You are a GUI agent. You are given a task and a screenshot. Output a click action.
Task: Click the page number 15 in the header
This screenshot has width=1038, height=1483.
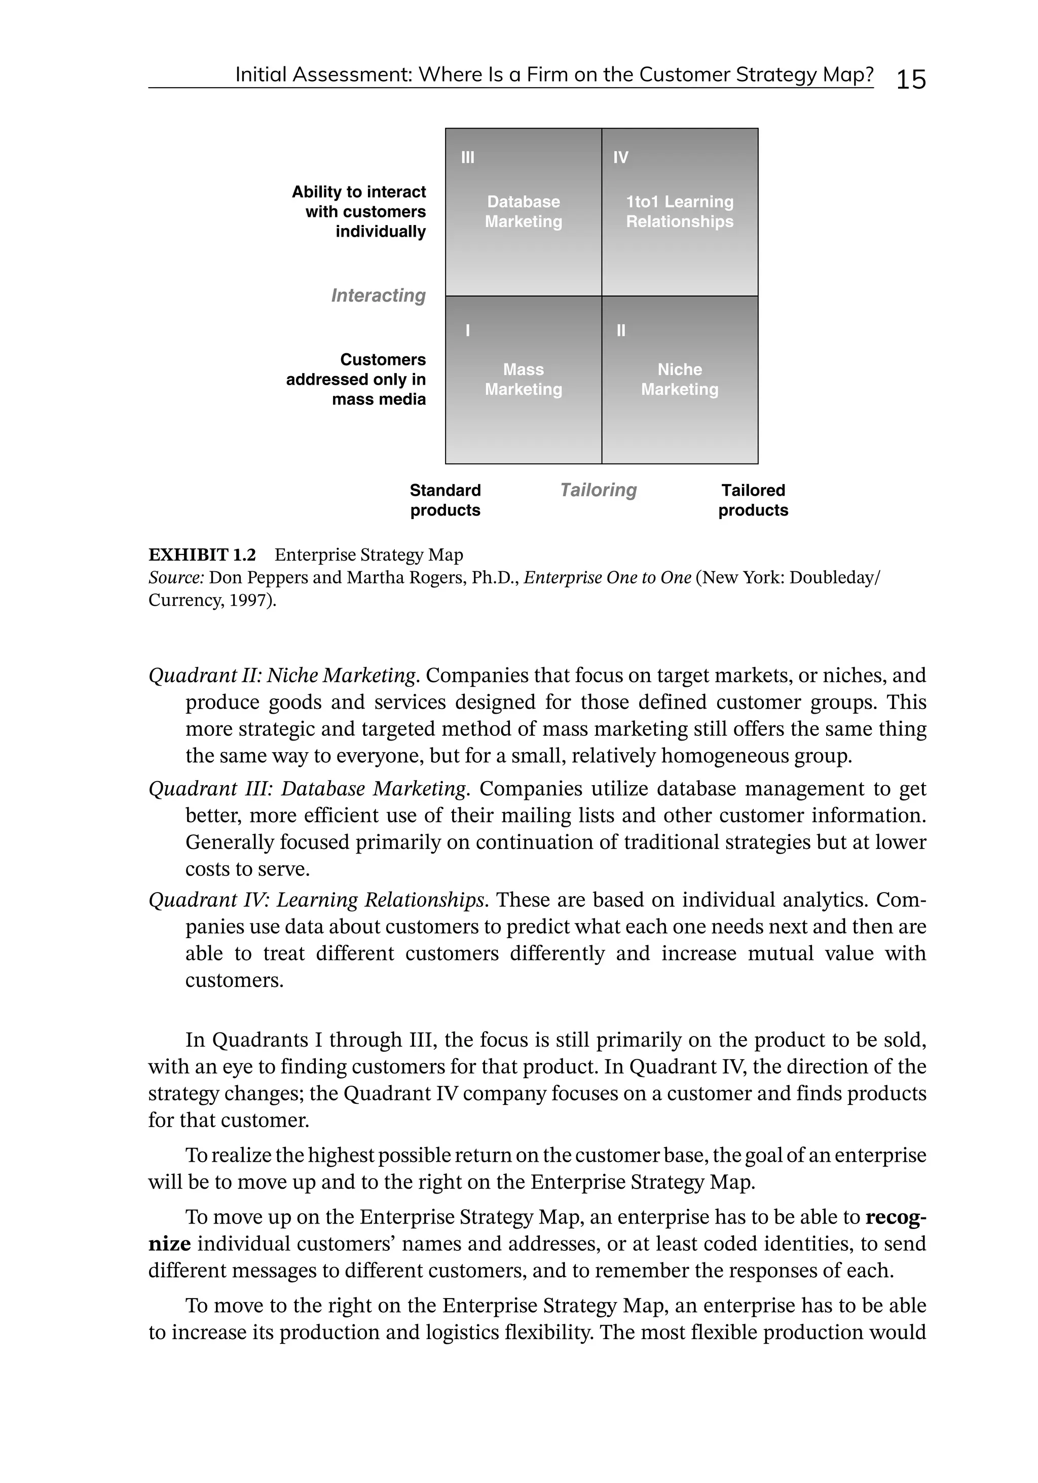tap(911, 80)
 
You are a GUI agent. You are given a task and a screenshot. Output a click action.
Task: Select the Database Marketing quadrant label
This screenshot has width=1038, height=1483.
tap(523, 212)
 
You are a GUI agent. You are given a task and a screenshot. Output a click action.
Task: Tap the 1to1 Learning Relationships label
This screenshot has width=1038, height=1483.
tap(680, 212)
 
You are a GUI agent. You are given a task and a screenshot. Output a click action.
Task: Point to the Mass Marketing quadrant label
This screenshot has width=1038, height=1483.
tap(523, 380)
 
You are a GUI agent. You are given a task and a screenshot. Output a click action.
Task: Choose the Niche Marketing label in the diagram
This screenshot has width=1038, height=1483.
tap(680, 380)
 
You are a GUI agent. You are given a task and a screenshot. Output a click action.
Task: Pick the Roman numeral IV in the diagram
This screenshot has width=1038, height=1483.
tap(620, 158)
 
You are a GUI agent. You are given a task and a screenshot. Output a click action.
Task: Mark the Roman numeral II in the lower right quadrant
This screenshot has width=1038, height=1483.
tap(621, 330)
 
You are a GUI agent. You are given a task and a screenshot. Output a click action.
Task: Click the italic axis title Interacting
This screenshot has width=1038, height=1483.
tap(378, 296)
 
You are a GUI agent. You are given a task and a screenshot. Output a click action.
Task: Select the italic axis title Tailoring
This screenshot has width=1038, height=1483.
tap(598, 490)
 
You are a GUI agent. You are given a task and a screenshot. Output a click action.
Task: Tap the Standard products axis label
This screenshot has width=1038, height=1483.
tap(445, 501)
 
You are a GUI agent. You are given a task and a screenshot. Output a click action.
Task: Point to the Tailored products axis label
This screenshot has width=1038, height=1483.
tap(753, 501)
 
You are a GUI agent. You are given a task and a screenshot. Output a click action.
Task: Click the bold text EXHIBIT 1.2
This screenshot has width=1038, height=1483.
tap(202, 555)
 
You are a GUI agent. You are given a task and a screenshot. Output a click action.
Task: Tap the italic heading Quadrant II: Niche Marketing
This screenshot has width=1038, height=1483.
tap(282, 676)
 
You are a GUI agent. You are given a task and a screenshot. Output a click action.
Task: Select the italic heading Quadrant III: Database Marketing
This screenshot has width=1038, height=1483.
tap(307, 789)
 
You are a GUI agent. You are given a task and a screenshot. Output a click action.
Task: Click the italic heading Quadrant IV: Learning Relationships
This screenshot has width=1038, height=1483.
tap(316, 900)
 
